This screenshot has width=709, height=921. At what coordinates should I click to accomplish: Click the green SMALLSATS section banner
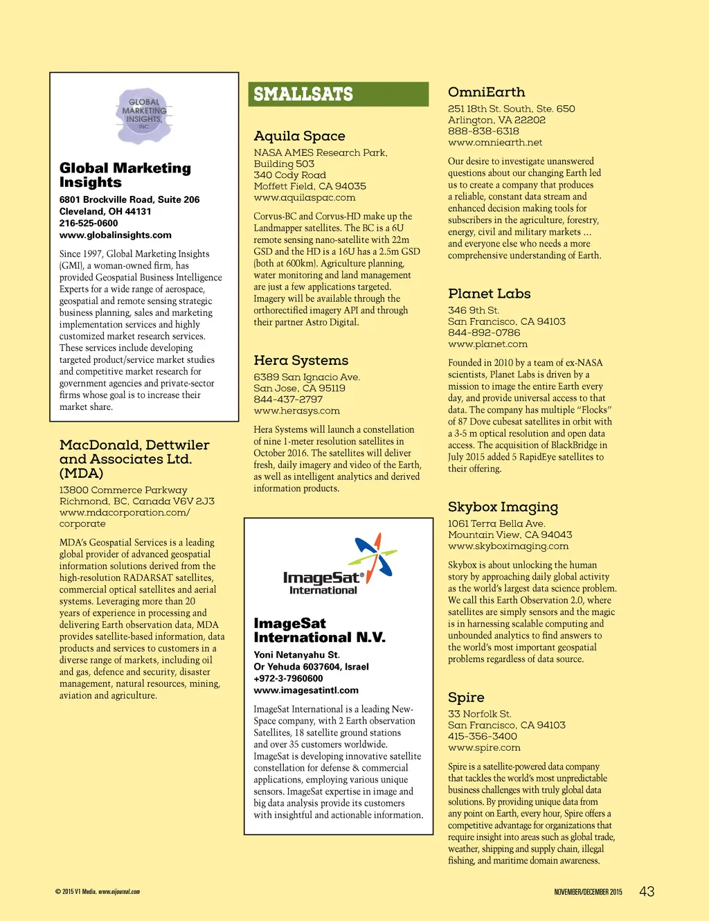coord(338,94)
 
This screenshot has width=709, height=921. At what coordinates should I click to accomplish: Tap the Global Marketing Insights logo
coord(144,115)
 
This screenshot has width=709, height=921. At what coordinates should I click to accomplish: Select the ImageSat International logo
coord(338,564)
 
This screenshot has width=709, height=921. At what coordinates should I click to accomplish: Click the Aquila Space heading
coord(299,136)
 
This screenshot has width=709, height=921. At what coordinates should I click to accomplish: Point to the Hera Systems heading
coord(300,360)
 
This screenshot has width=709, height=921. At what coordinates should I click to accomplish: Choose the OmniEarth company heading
coord(486,92)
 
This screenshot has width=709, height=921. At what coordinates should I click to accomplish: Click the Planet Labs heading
coord(489,294)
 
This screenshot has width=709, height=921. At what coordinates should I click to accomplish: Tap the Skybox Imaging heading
coord(503,507)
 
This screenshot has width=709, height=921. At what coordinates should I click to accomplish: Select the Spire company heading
coord(466,697)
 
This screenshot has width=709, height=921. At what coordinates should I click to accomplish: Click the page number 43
coord(647,892)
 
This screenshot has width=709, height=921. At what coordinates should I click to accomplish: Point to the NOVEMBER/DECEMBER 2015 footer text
coord(588,892)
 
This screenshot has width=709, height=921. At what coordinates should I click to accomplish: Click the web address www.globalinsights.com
coord(115,235)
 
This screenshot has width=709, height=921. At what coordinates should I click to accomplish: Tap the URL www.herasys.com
coord(296,411)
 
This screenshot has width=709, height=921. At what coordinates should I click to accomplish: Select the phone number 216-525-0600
coord(89,224)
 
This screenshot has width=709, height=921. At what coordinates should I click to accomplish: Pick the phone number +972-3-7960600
coord(288,679)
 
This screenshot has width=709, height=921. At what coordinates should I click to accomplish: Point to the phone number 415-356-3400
coord(482,736)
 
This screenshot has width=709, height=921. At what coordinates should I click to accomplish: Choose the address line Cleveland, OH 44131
coord(105,212)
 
